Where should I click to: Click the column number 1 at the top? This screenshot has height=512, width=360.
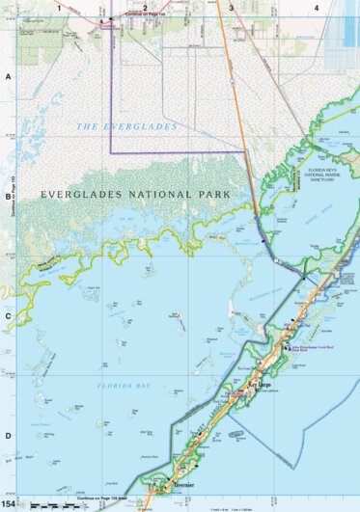tap(59, 7)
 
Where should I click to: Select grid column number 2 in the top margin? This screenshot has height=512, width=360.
tap(145, 7)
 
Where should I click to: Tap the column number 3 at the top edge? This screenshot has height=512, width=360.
tap(231, 7)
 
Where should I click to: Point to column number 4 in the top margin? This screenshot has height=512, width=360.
tap(317, 7)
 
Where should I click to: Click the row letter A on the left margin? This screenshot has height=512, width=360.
tap(8, 76)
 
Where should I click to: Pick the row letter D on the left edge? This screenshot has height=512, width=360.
tap(8, 435)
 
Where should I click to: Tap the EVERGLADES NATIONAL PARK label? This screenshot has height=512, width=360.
tap(135, 195)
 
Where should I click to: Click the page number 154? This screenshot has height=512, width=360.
tap(10, 504)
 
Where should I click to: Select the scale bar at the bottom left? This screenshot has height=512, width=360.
tap(53, 505)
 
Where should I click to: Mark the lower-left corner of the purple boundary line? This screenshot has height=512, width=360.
tap(110, 152)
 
